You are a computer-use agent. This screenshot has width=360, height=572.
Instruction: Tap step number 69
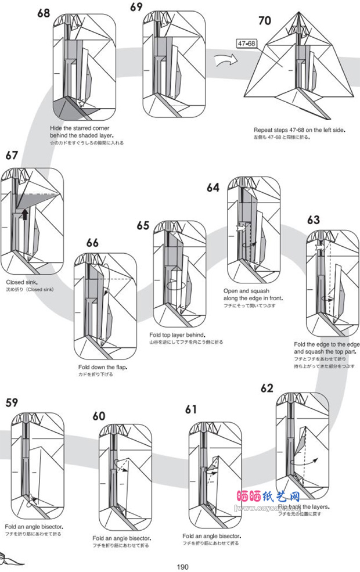pyautogui.click(x=136, y=7)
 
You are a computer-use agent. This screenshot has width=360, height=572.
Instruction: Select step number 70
pyautogui.click(x=264, y=21)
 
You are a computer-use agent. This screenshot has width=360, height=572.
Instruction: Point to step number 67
pyautogui.click(x=12, y=155)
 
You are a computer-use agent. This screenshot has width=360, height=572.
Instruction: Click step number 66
pyautogui.click(x=92, y=243)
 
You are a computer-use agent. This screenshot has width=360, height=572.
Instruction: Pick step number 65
pyautogui.click(x=143, y=225)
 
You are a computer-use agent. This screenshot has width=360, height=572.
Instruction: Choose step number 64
pyautogui.click(x=213, y=187)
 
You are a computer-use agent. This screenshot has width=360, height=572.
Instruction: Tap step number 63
pyautogui.click(x=314, y=220)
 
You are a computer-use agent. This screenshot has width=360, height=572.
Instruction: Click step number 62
pyautogui.click(x=267, y=388)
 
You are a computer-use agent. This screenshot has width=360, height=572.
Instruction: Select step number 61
pyautogui.click(x=192, y=409)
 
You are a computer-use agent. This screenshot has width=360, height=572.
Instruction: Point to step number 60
pyautogui.click(x=99, y=415)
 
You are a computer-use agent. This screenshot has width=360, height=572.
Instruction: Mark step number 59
pyautogui.click(x=12, y=402)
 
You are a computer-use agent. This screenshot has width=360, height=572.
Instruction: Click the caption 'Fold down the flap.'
pyautogui.click(x=103, y=367)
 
